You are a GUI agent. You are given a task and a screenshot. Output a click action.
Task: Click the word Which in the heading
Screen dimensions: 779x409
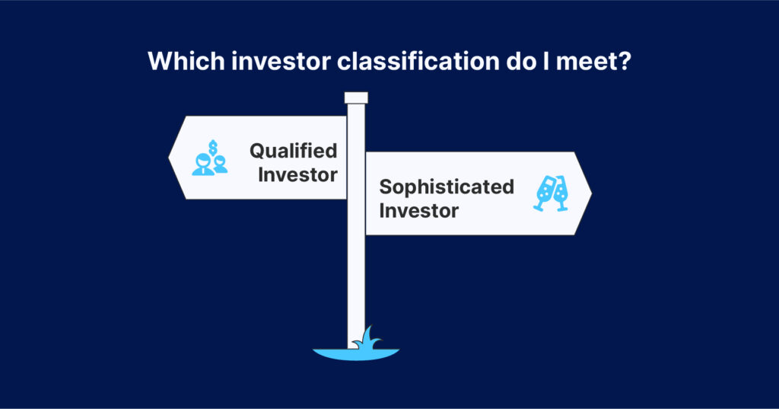(186, 61)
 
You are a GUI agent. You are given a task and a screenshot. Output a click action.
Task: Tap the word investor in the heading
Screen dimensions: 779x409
(281, 61)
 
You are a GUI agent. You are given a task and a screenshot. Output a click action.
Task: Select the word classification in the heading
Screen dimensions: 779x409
(418, 61)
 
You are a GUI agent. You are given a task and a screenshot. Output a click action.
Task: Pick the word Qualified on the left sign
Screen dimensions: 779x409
(293, 151)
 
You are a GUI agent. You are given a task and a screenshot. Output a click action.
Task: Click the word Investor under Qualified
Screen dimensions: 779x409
(297, 175)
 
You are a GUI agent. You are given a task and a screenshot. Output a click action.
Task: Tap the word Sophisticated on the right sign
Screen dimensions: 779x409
(446, 187)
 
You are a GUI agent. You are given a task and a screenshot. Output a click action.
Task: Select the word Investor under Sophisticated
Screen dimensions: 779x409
(419, 210)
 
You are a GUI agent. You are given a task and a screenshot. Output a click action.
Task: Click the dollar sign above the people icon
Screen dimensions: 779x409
(213, 147)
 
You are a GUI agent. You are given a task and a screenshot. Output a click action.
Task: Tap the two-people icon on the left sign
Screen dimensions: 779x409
(210, 165)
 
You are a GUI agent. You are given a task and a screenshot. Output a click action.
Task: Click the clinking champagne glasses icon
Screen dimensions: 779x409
(551, 193)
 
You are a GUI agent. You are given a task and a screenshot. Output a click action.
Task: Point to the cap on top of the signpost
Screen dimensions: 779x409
(356, 97)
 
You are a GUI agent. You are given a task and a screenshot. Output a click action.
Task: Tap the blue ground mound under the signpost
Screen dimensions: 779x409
(356, 353)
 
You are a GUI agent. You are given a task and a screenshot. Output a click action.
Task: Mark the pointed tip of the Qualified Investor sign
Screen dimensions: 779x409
(168, 158)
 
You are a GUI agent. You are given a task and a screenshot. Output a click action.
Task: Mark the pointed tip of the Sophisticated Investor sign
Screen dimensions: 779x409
(592, 193)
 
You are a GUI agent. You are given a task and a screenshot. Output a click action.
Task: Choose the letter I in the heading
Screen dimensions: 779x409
(545, 61)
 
